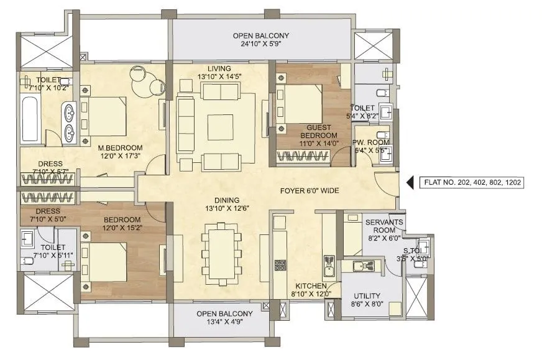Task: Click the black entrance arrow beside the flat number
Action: pyautogui.click(x=410, y=183)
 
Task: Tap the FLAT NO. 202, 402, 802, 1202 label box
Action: pyautogui.click(x=472, y=183)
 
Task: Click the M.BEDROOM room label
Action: pyautogui.click(x=120, y=147)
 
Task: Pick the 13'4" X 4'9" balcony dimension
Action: pyautogui.click(x=224, y=322)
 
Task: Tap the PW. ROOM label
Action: pyautogui.click(x=372, y=142)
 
